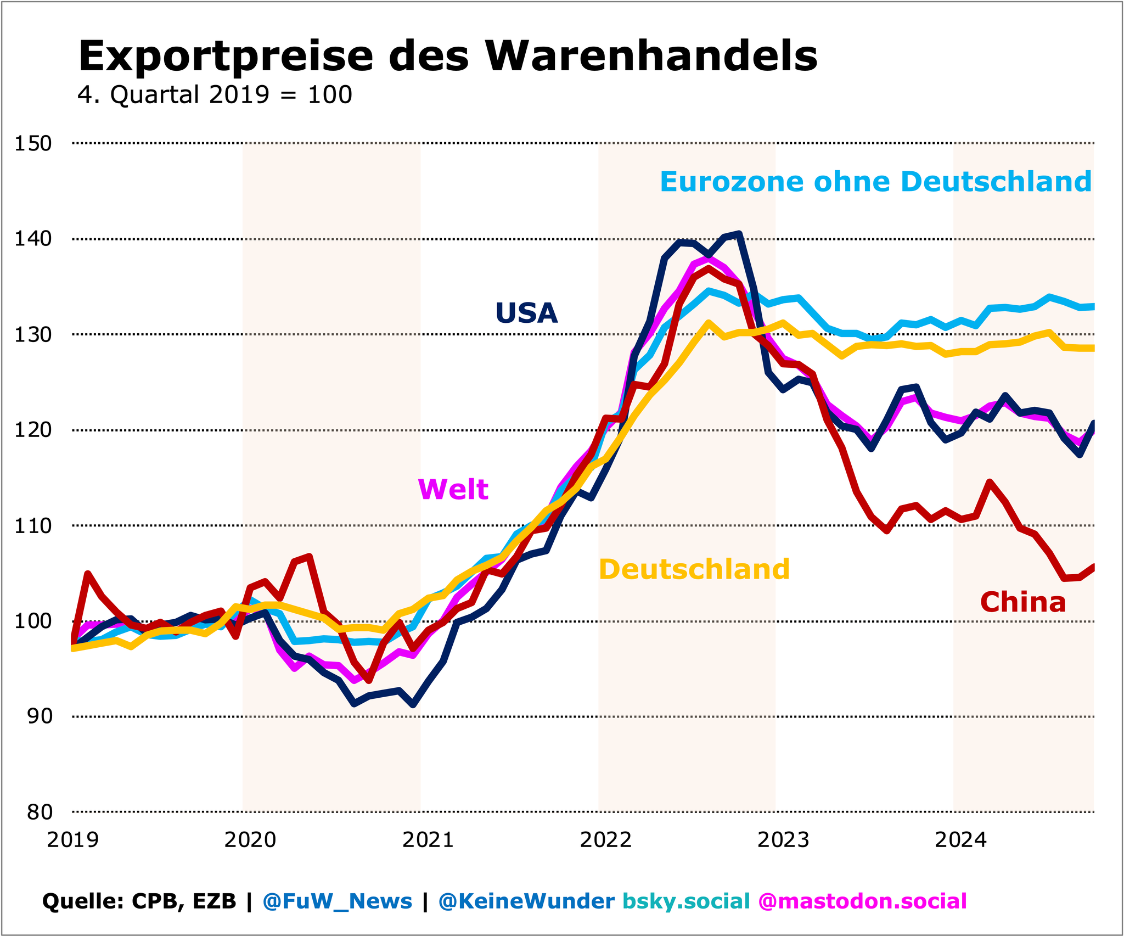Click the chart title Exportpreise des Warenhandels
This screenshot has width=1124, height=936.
click(x=448, y=56)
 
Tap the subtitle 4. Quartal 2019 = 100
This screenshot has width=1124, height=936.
click(x=215, y=95)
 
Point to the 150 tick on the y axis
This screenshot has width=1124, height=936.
click(x=33, y=144)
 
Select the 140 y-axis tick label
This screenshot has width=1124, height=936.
click(x=33, y=239)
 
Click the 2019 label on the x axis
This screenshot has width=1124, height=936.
click(x=72, y=840)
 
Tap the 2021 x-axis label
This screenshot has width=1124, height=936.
click(x=428, y=840)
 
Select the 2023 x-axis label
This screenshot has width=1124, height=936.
click(x=783, y=840)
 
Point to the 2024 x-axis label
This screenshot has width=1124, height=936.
click(x=960, y=840)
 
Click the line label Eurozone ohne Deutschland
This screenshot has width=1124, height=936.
click(x=875, y=182)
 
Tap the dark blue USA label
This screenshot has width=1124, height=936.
click(x=526, y=313)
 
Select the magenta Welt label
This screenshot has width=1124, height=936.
click(x=453, y=489)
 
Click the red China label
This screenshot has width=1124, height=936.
click(x=1022, y=602)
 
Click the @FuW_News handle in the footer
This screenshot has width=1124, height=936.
click(x=337, y=901)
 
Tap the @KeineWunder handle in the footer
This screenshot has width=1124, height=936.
click(x=526, y=901)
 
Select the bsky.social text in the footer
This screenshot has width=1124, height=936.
click(x=686, y=901)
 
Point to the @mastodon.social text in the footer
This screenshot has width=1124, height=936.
click(x=862, y=901)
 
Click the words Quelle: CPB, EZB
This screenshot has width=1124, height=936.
click(x=139, y=901)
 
